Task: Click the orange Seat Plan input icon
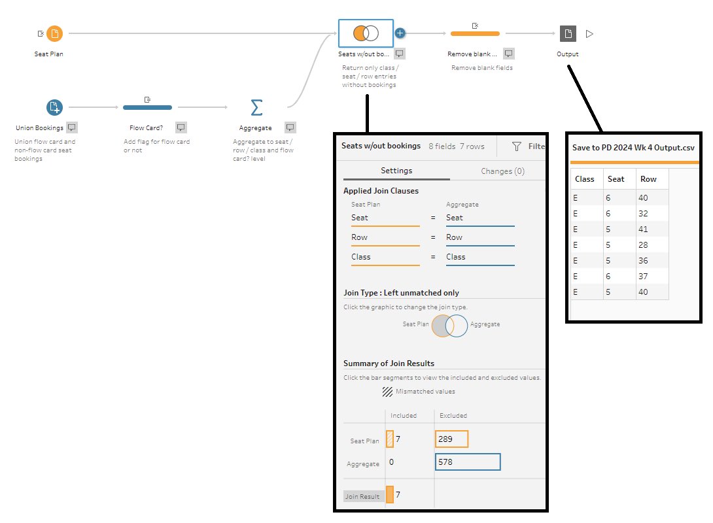pyautogui.click(x=54, y=33)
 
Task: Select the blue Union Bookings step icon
pyautogui.click(x=54, y=107)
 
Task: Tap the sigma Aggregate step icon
pyautogui.click(x=256, y=108)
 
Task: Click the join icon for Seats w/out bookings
pyautogui.click(x=366, y=33)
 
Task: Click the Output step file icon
pyautogui.click(x=568, y=33)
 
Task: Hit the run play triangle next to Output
pyautogui.click(x=589, y=33)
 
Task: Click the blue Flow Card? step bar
pyautogui.click(x=147, y=107)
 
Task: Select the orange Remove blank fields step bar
pyautogui.click(x=475, y=33)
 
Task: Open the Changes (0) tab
pyautogui.click(x=502, y=171)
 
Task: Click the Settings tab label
pyautogui.click(x=396, y=171)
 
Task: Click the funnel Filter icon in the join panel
pyautogui.click(x=517, y=146)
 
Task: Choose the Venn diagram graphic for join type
pyautogui.click(x=449, y=326)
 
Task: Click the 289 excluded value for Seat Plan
pyautogui.click(x=451, y=439)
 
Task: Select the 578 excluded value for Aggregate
pyautogui.click(x=468, y=462)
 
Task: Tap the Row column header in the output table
pyautogui.click(x=648, y=179)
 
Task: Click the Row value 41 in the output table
pyautogui.click(x=643, y=229)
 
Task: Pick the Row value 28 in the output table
pyautogui.click(x=643, y=245)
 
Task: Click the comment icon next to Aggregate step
pyautogui.click(x=290, y=127)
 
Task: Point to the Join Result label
pyautogui.click(x=362, y=496)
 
